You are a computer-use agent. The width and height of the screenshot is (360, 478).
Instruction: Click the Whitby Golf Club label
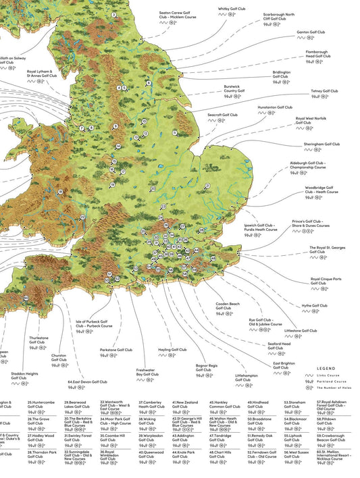[x=232, y=9]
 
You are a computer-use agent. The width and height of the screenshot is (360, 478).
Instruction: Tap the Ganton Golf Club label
[x=311, y=31]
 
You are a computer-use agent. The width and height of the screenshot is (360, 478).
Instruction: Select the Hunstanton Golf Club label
[x=275, y=107]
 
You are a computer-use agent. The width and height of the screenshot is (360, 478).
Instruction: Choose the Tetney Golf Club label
[x=324, y=90]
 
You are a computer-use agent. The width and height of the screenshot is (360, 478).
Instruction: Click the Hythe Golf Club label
[x=315, y=305]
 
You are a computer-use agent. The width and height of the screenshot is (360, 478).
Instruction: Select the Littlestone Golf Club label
[x=301, y=331]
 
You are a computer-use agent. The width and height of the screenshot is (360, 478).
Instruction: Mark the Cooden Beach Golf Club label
[x=228, y=306]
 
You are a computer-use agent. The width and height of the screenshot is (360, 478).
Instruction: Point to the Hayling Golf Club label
[x=172, y=350]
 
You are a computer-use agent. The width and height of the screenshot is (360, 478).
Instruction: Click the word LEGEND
[x=326, y=369]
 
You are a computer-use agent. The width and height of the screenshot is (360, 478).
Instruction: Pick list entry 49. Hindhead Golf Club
[x=257, y=404]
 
